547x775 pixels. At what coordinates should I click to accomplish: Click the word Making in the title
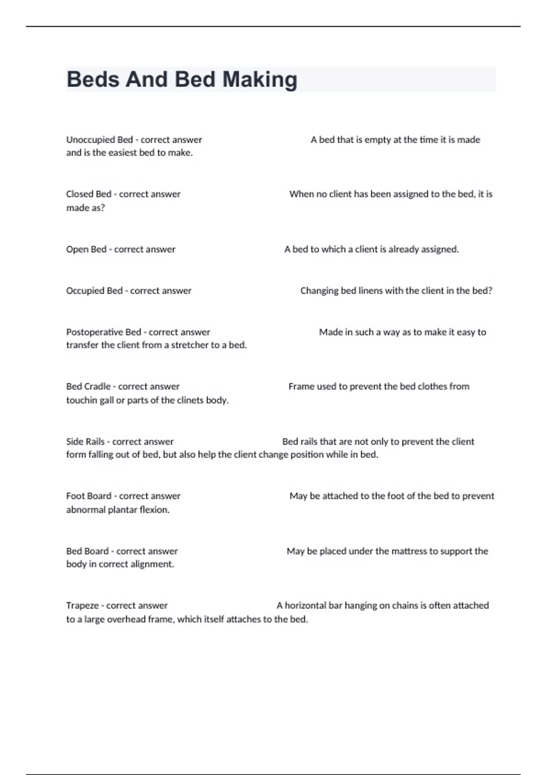point(260,79)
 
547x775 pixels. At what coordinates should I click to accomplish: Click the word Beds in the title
point(93,79)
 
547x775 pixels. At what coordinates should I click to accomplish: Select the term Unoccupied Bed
point(99,139)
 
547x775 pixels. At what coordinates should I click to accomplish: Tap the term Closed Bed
point(88,194)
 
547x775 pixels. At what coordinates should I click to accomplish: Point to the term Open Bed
point(86,249)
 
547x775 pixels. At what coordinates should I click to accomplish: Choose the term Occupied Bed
point(94,291)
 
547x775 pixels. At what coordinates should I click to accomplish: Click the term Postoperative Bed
point(103,332)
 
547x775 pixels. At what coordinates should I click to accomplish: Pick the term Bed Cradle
point(88,387)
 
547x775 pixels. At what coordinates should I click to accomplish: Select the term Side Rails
point(85,442)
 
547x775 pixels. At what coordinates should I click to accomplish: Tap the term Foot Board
point(88,496)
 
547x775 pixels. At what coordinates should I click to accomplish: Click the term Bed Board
point(87,551)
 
